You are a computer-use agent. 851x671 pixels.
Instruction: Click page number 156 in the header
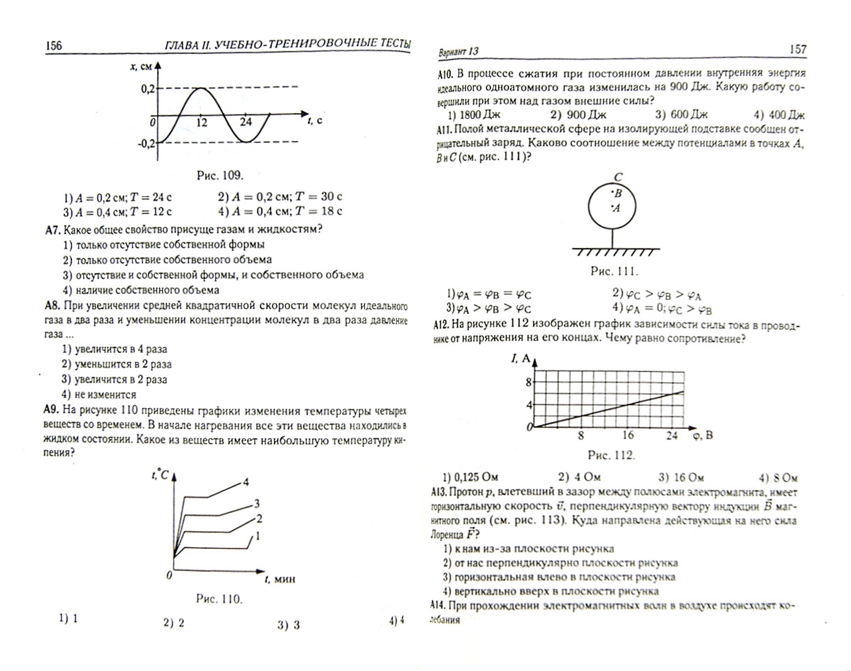(53, 45)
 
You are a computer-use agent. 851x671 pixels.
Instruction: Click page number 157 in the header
(798, 49)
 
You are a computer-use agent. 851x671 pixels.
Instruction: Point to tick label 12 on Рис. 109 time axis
(201, 122)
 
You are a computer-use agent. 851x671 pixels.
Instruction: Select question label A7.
(53, 229)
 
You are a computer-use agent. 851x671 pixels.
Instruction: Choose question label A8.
(52, 306)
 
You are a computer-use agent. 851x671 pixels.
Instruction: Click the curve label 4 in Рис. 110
(246, 482)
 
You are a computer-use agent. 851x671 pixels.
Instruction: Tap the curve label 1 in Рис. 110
(257, 536)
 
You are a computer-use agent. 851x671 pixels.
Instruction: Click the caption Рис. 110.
(219, 599)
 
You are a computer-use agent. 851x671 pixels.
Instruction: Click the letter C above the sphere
(617, 177)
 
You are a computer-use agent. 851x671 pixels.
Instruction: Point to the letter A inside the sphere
(616, 208)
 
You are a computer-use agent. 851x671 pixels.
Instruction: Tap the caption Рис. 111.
(614, 271)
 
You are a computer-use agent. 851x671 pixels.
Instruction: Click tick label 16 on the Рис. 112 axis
(627, 436)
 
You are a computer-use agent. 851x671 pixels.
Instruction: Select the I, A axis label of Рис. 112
(521, 358)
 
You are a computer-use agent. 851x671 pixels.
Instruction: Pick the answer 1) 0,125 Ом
(470, 477)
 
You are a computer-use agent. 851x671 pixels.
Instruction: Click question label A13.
(439, 492)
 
